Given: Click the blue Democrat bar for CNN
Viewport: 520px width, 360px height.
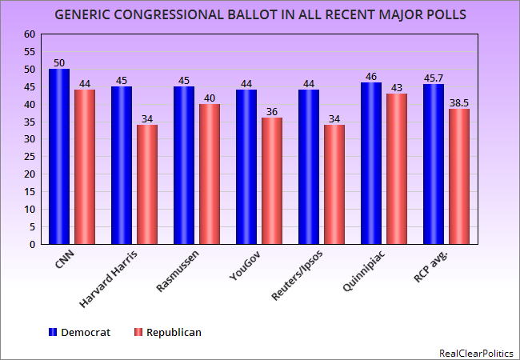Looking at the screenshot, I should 59,156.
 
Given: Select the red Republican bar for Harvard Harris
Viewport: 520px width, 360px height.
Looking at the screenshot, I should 147,184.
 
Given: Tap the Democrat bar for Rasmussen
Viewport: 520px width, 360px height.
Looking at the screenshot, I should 184,165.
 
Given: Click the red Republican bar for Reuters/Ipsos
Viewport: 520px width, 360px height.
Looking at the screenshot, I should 334,184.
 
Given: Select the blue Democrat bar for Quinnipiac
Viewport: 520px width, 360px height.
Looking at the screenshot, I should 371,163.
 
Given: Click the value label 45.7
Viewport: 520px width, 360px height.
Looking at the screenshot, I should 434,78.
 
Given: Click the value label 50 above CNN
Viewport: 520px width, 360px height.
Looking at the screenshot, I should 59,62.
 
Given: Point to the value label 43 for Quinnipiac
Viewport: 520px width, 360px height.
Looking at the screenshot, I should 397,87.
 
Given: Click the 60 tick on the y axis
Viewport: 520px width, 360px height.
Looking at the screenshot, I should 30,34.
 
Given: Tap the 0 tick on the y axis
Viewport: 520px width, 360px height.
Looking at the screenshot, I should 33,244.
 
